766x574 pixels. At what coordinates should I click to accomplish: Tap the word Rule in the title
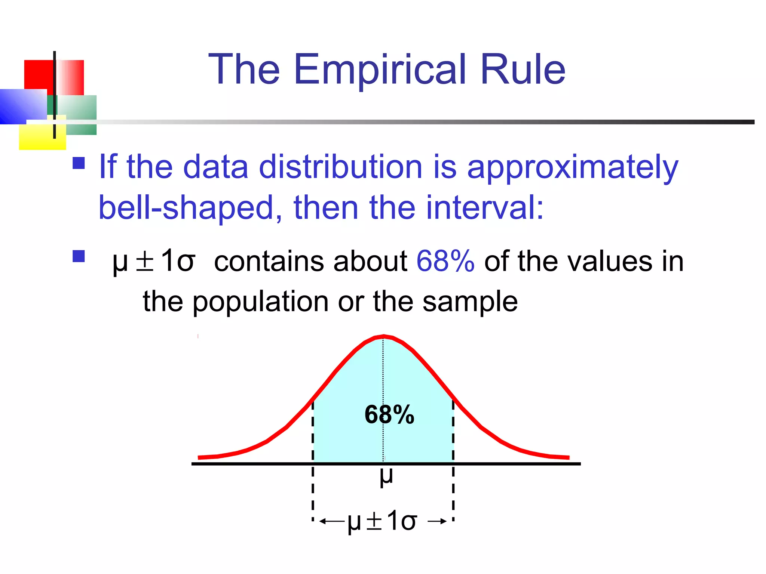[x=523, y=70]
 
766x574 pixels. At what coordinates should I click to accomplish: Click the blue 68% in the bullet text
[x=445, y=261]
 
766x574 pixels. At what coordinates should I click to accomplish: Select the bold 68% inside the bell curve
[x=389, y=415]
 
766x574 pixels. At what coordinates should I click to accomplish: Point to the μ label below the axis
[x=386, y=477]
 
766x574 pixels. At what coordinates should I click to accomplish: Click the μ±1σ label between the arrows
[x=382, y=521]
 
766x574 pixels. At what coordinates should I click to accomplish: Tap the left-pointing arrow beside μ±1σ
[x=331, y=521]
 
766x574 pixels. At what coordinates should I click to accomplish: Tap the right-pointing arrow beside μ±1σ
[x=437, y=521]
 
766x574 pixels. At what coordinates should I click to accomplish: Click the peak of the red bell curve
[x=383, y=336]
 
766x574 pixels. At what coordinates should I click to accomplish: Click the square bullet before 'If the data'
[x=79, y=163]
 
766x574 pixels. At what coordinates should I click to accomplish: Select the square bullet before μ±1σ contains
[x=79, y=256]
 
